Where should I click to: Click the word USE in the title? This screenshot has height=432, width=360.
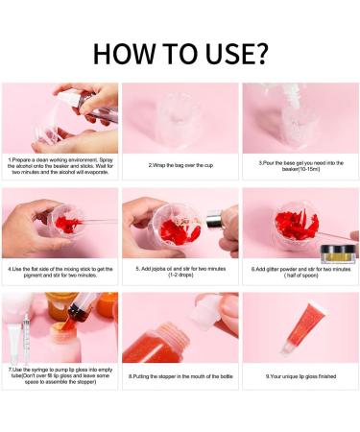[222, 55]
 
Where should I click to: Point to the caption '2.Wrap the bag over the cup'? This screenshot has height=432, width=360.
[180, 164]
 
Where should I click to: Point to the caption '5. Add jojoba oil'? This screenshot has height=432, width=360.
[180, 272]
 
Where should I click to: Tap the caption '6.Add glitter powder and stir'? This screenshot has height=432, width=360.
[299, 270]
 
